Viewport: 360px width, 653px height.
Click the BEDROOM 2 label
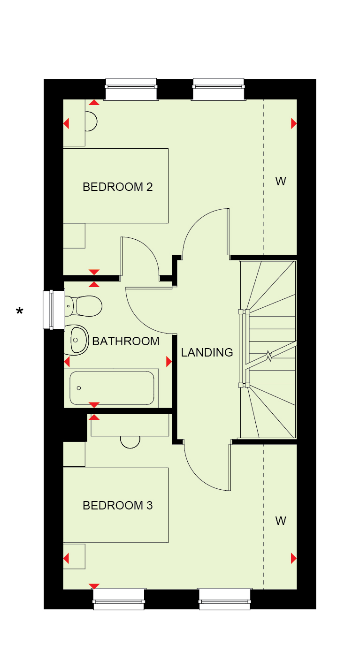coord(117,187)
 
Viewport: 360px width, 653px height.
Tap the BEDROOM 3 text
coord(117,505)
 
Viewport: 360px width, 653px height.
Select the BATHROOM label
coord(126,341)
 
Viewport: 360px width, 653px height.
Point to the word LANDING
coord(207,352)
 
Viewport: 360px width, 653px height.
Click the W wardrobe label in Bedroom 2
coord(281,182)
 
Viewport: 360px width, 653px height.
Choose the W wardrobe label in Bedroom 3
coord(281,521)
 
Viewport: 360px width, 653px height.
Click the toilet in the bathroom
coord(84,306)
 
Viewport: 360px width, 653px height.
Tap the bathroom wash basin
coord(77,340)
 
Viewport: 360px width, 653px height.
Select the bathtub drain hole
coord(79,388)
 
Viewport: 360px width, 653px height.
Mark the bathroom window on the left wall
coord(54,310)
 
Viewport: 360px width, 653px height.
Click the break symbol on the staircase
coord(269,356)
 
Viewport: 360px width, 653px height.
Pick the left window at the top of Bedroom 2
coord(131,89)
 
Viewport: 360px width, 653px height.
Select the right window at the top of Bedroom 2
coord(219,89)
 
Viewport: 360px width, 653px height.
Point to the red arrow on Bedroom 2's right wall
coord(294,123)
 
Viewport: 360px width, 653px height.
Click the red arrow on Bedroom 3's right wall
coord(294,558)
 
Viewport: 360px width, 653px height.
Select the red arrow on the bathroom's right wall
coord(169,362)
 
